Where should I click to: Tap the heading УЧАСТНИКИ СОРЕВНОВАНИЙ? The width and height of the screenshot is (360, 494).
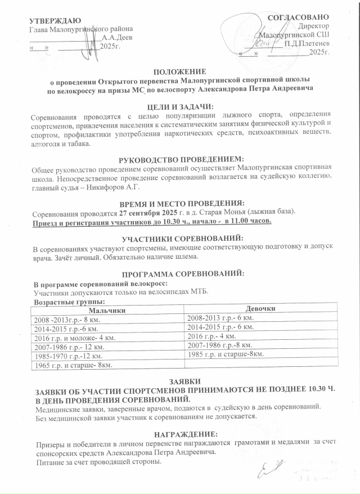(181, 238)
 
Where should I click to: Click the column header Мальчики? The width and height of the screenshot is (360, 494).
(107, 310)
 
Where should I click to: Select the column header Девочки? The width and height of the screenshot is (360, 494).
(260, 309)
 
